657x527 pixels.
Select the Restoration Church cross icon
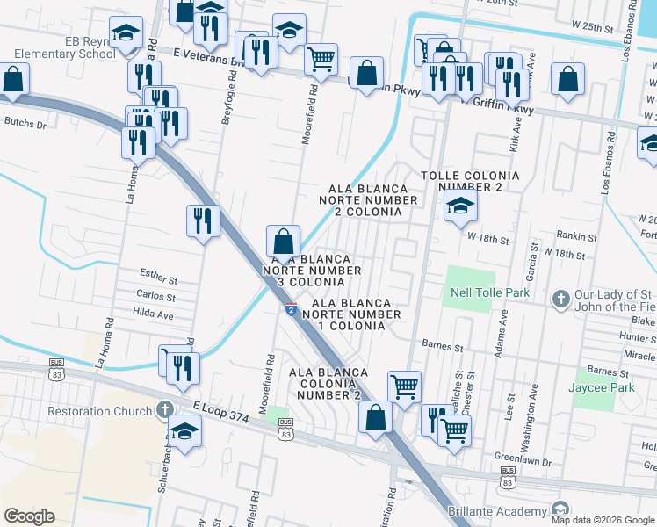[164, 410]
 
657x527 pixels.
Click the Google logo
[30, 516]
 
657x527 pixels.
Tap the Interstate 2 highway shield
[289, 309]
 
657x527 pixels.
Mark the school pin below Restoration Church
[184, 431]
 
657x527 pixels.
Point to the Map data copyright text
[603, 519]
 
